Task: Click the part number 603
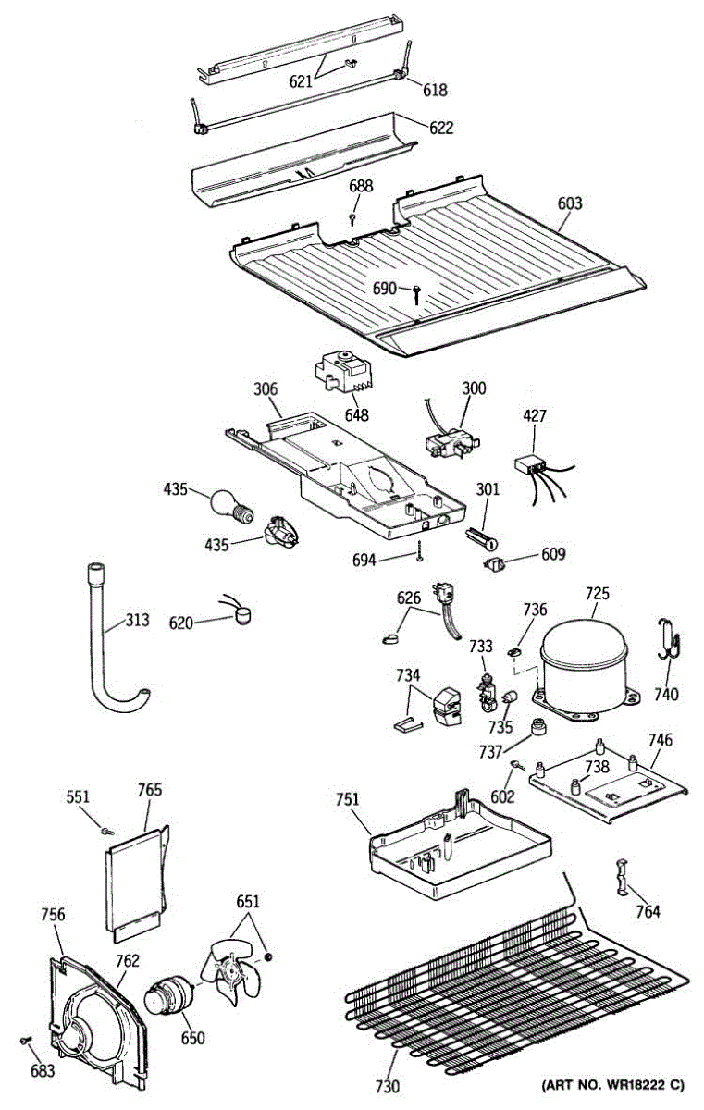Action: [570, 203]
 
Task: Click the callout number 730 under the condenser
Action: [388, 1086]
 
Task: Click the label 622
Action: [441, 128]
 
